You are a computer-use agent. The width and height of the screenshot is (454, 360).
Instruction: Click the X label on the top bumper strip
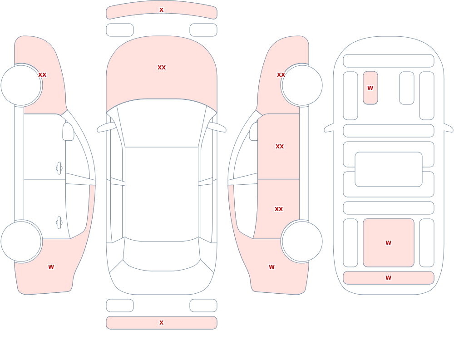click(161, 10)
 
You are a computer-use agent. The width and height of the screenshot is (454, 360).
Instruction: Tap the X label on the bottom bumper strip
click(161, 323)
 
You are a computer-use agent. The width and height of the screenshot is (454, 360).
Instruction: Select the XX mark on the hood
click(162, 68)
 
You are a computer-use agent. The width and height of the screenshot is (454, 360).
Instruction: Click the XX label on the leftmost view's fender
click(42, 75)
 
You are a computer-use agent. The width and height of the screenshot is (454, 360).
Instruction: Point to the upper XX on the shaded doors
click(280, 147)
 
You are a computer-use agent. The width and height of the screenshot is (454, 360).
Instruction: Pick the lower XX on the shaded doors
click(279, 209)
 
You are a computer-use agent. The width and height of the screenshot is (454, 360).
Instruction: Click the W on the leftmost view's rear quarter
click(51, 267)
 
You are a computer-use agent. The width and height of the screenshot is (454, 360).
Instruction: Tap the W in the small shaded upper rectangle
click(370, 88)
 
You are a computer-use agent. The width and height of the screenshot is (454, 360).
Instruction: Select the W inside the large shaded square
click(388, 243)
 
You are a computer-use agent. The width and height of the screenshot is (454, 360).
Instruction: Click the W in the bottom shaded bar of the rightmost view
click(388, 278)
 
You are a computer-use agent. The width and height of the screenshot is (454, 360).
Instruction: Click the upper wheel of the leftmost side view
click(21, 85)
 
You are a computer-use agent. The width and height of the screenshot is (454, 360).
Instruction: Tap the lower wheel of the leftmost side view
click(21, 241)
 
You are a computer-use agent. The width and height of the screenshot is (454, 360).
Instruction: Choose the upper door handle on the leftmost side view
click(59, 168)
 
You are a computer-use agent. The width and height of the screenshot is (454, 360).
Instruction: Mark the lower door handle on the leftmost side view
click(59, 223)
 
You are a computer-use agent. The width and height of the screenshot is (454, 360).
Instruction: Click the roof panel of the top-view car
click(162, 193)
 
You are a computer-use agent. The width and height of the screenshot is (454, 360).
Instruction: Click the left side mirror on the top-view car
click(106, 128)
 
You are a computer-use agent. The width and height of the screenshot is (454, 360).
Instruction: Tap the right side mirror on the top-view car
click(217, 128)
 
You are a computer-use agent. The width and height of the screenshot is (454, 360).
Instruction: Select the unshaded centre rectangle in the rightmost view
click(389, 169)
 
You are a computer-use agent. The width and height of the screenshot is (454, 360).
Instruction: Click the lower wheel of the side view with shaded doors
click(302, 241)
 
